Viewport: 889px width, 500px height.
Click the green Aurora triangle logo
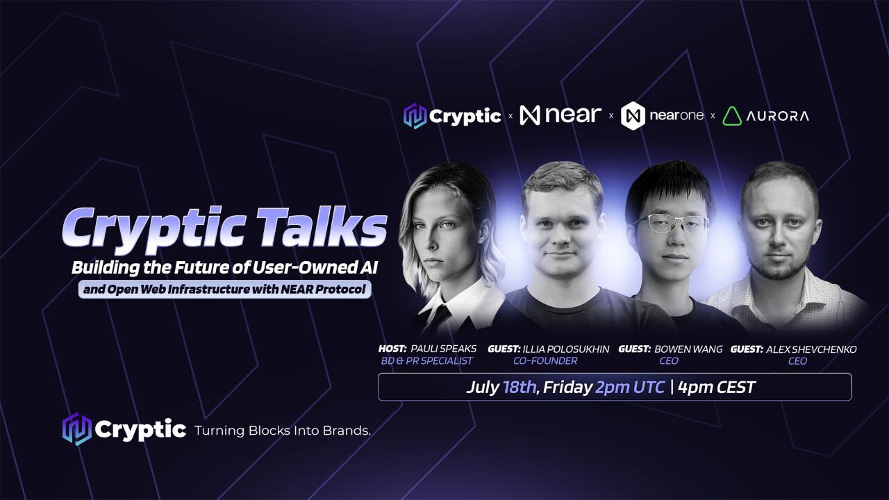tap(732, 116)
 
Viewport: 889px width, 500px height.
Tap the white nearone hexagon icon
tap(633, 116)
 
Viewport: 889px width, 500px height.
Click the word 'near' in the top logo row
tap(573, 115)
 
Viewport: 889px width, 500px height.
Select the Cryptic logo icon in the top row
tap(415, 116)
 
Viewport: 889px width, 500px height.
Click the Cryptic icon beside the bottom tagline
tap(76, 429)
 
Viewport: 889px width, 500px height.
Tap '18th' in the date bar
tap(519, 387)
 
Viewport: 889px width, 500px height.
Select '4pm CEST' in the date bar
tap(716, 387)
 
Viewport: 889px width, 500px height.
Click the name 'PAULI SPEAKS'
tap(443, 349)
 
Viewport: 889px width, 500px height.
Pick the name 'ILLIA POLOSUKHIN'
tap(566, 349)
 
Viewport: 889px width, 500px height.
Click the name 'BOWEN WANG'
tap(688, 349)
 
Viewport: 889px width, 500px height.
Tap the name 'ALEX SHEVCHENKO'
tap(811, 349)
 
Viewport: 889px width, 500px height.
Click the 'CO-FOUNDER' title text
tap(545, 361)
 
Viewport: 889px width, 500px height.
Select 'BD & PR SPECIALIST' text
tap(426, 361)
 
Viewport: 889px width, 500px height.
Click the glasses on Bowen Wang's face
tap(671, 223)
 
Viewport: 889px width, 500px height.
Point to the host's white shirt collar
tap(460, 303)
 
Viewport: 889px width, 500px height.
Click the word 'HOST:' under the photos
tap(392, 349)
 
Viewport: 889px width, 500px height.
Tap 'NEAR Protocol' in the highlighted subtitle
tap(323, 290)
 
